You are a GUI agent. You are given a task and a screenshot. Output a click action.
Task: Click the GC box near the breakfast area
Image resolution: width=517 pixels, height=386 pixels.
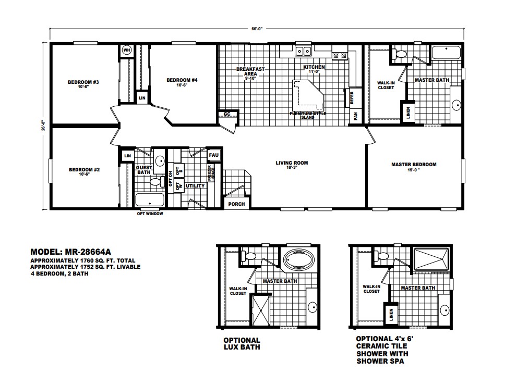click(x=227, y=114)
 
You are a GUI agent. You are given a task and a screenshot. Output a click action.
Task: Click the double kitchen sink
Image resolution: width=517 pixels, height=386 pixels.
click(x=303, y=51)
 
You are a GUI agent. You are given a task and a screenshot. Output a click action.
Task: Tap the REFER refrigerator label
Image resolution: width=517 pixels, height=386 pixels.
click(x=352, y=97)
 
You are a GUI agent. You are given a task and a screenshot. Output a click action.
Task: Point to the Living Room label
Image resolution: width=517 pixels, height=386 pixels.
click(x=292, y=163)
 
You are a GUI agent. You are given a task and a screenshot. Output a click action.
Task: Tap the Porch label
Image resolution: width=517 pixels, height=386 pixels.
click(x=236, y=204)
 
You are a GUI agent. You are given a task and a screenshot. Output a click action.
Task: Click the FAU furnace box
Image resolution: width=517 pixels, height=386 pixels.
click(x=213, y=155)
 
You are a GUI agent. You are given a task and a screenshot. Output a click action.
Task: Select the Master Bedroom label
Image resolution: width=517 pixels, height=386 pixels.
click(x=413, y=165)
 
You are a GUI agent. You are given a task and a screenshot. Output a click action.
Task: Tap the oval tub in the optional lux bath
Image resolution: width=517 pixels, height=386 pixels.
click(x=296, y=260)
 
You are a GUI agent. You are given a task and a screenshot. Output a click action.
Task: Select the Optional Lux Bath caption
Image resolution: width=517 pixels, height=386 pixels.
click(x=242, y=343)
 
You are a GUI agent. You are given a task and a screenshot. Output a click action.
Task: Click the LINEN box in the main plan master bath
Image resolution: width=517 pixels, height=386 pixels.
click(x=405, y=112)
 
